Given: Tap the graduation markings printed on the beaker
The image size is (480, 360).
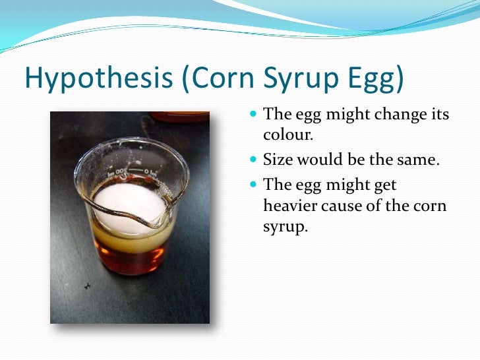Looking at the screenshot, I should click(x=133, y=173).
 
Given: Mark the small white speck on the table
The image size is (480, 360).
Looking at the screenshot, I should click(x=87, y=285).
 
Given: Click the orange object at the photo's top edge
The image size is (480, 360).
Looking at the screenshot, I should click(x=179, y=117).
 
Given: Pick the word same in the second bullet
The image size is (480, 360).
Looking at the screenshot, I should click(x=417, y=160).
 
